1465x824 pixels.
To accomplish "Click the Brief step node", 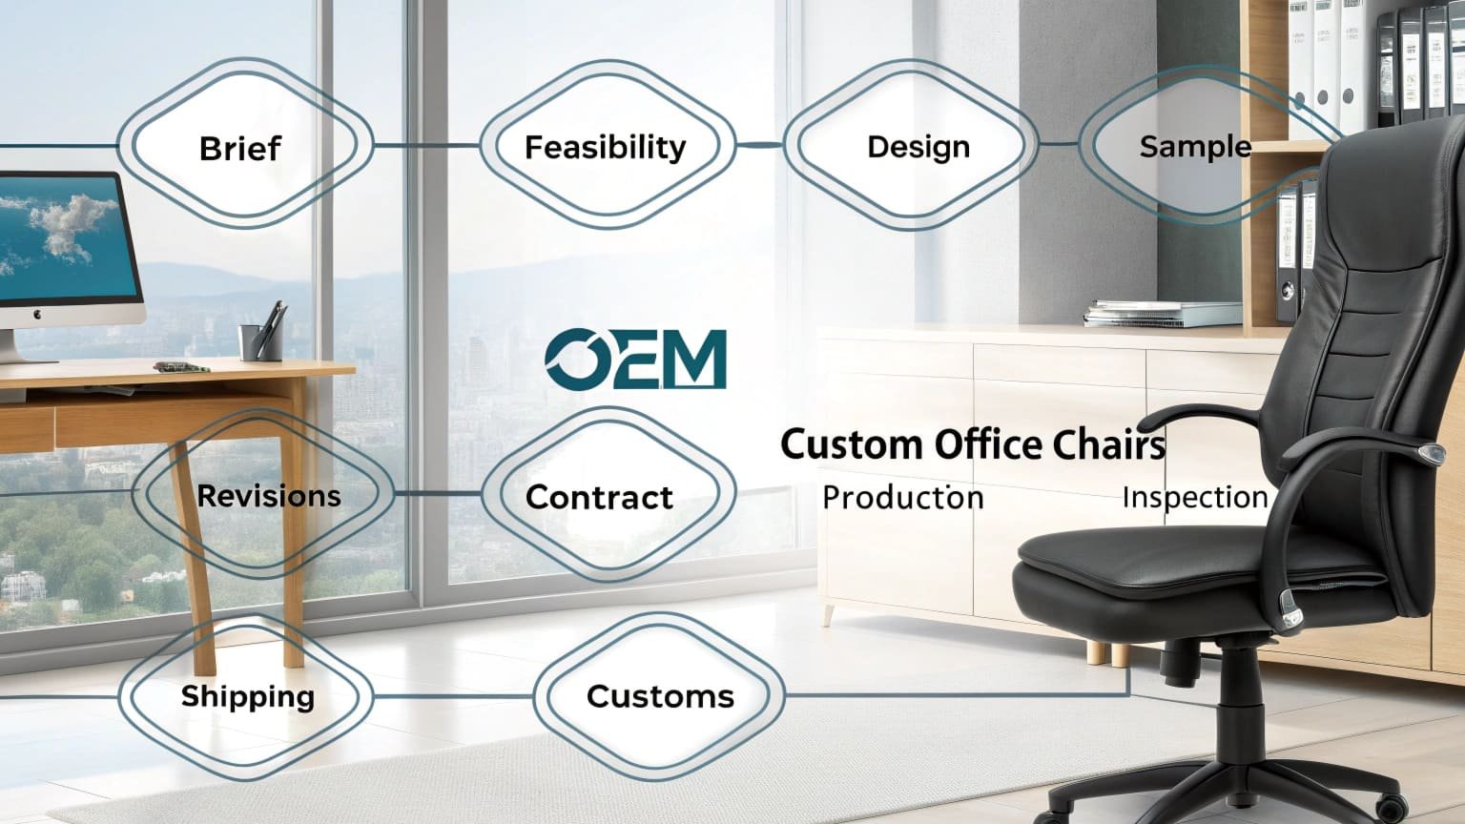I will [x=240, y=148].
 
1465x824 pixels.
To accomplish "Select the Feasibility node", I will [x=605, y=147].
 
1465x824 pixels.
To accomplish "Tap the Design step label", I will [x=918, y=147].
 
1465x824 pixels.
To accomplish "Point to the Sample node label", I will [x=1194, y=146].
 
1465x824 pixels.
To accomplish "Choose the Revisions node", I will [x=268, y=496].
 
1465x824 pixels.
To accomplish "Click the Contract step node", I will [x=599, y=497].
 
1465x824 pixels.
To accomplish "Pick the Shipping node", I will [x=247, y=696].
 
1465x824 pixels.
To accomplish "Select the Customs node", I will [x=660, y=696].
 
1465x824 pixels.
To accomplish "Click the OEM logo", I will [x=635, y=360].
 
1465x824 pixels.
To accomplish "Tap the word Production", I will [x=902, y=497].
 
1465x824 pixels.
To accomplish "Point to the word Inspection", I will [x=1194, y=497].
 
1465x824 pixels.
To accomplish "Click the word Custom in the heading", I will [x=852, y=444].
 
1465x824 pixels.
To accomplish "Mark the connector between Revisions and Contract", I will [x=438, y=494].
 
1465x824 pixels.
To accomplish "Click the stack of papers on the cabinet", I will [x=1162, y=314].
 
